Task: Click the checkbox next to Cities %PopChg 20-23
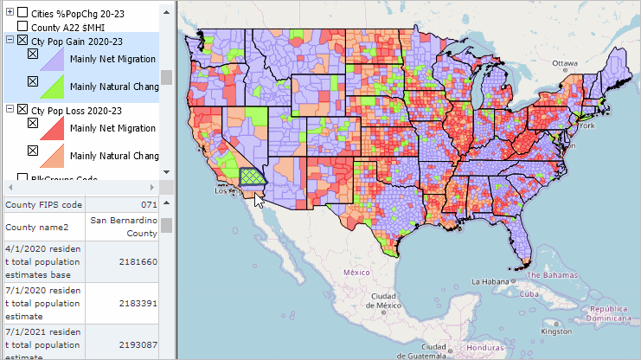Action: pos(22,13)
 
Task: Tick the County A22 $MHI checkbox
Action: pos(22,27)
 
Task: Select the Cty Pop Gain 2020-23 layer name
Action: pos(76,41)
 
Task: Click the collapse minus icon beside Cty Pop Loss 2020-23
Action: pos(10,110)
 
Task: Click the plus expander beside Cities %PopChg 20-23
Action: pos(10,13)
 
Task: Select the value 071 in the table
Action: pos(150,205)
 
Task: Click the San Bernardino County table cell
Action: pos(123,227)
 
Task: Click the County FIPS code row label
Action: pos(44,205)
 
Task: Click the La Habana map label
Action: pos(490,281)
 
